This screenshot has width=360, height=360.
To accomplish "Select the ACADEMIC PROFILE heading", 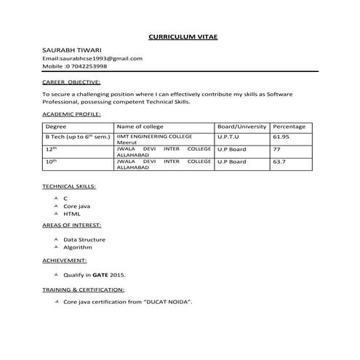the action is coord(71,115).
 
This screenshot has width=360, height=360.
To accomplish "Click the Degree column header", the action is coord(56,127).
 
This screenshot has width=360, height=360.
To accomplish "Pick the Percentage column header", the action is coord(289,127).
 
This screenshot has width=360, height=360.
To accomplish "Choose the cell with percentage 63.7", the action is coord(279,161).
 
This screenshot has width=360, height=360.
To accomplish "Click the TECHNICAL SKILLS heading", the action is coord(69,186).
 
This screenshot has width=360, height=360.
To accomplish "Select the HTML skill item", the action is coord(71,214).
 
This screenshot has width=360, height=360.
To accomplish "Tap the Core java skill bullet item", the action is coord(76,206).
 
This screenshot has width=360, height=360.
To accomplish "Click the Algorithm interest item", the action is coord(78,247).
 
